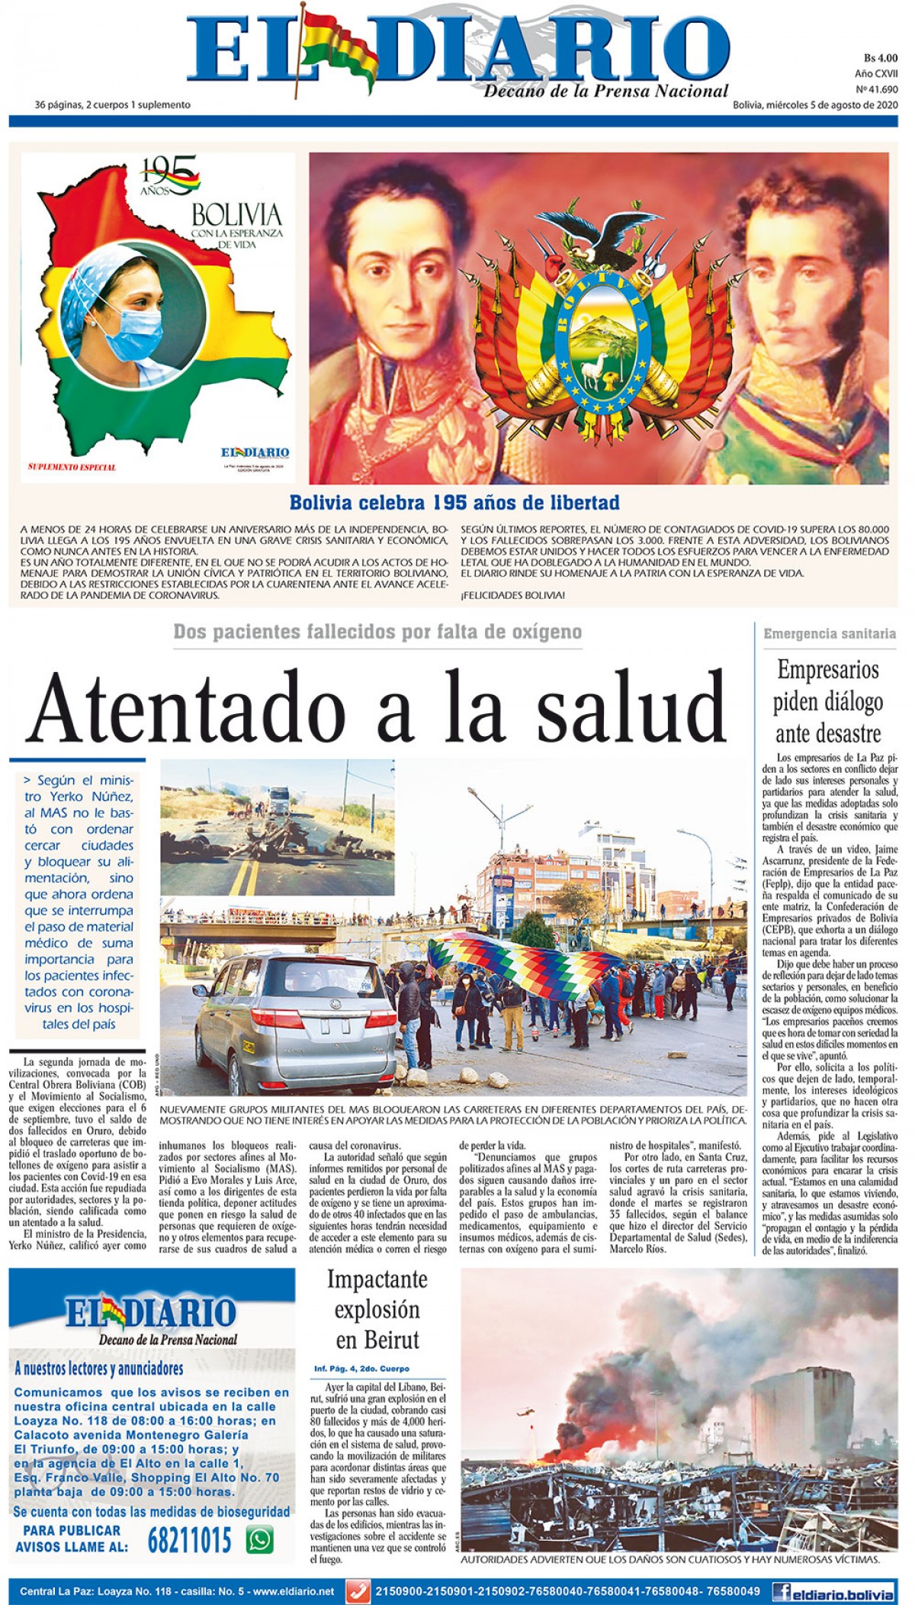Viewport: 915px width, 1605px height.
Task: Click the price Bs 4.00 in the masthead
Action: pyautogui.click(x=881, y=58)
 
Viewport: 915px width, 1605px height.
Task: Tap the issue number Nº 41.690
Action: pyautogui.click(x=877, y=89)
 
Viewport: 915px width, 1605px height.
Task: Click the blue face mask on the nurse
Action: pyautogui.click(x=136, y=333)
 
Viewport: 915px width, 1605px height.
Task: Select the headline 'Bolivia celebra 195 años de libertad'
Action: pyautogui.click(x=454, y=503)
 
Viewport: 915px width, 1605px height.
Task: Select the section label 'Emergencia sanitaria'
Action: pyautogui.click(x=830, y=633)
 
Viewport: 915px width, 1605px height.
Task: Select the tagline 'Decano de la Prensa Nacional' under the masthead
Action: pyautogui.click(x=605, y=92)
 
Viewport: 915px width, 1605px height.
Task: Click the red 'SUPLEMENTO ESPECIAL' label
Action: pyautogui.click(x=72, y=467)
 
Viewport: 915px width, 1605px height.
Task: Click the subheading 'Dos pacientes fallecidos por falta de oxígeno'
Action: pyautogui.click(x=377, y=632)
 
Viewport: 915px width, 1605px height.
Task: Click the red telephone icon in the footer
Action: pyautogui.click(x=356, y=1591)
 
